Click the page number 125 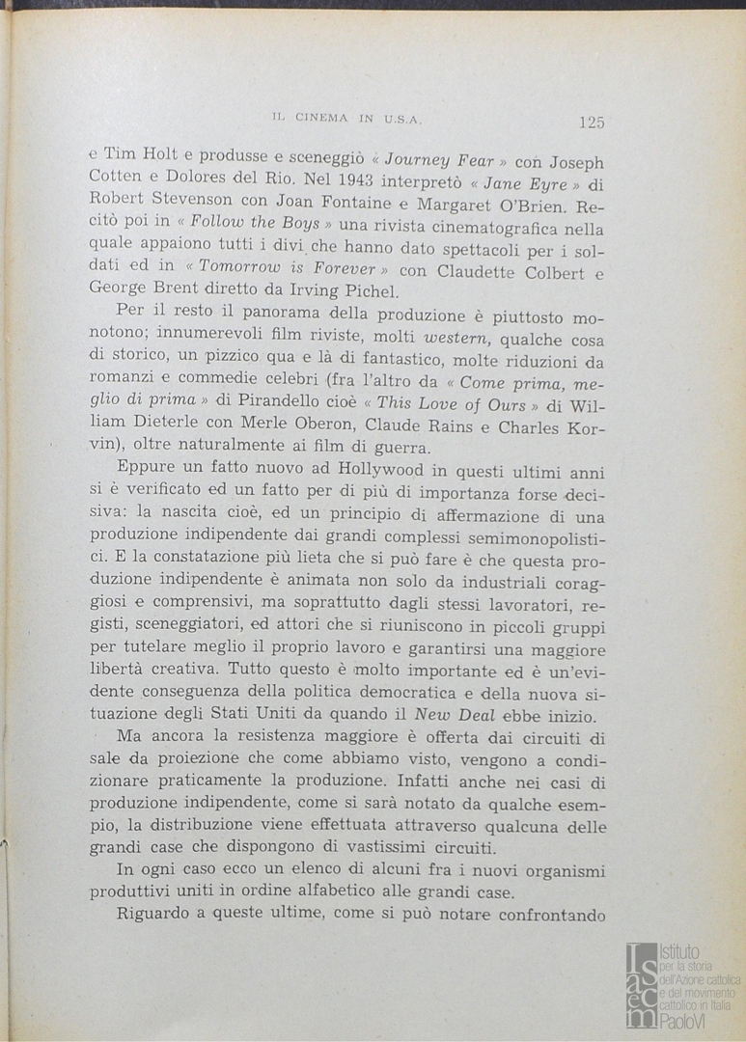click(x=592, y=122)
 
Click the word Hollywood click(x=378, y=473)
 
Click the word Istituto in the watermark click(x=682, y=952)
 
